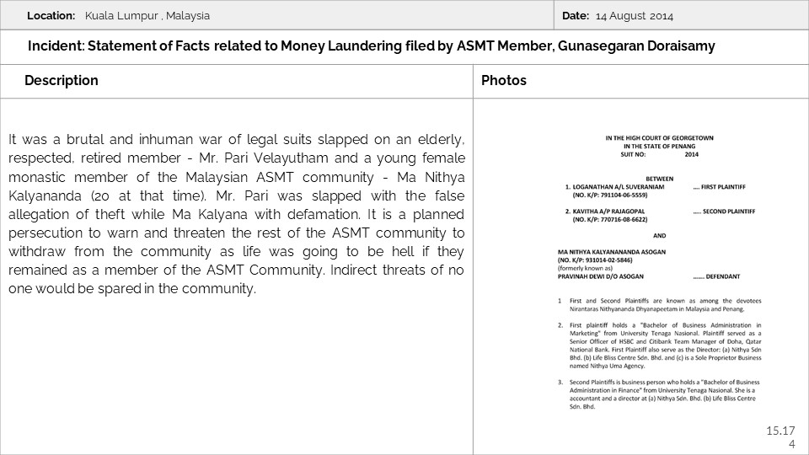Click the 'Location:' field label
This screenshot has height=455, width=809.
tap(51, 16)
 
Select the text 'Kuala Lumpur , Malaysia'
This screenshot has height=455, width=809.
tap(147, 16)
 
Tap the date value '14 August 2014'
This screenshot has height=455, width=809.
tap(635, 16)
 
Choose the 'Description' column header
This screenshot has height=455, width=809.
tap(62, 81)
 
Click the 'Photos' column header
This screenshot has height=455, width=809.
tap(504, 81)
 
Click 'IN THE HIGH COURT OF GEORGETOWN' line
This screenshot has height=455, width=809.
tap(653, 137)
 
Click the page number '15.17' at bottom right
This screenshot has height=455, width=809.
tap(780, 431)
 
